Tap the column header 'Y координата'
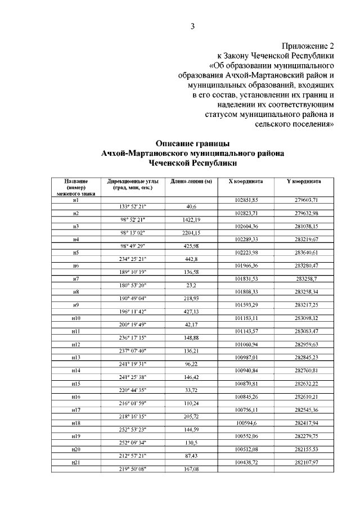pyautogui.click(x=304, y=182)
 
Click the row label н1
pyautogui.click(x=75, y=200)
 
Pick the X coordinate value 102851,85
pyautogui.click(x=246, y=200)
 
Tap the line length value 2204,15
pyautogui.click(x=191, y=233)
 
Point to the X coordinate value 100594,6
pyautogui.click(x=246, y=422)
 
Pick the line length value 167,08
pyautogui.click(x=191, y=468)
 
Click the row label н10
pyautogui.click(x=75, y=318)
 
